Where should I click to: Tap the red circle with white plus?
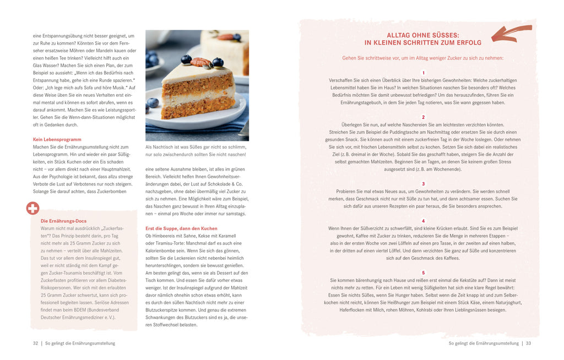pos(33,208)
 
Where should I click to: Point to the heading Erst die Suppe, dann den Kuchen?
pos(181,228)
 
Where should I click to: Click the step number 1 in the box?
pos(423,73)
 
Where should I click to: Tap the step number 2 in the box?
pos(423,117)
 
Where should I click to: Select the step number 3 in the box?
pos(423,184)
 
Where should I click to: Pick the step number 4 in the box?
pos(423,221)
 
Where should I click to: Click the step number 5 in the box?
pos(423,272)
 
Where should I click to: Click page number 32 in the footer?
pos(35,343)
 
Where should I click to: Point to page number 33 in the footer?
pos(528,343)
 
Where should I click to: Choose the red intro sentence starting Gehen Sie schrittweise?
pos(422,58)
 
